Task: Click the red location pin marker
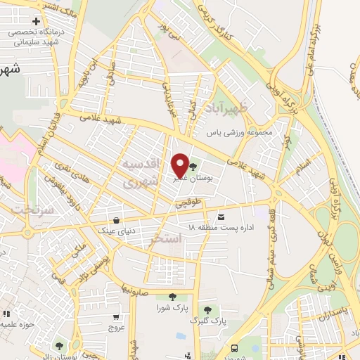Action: point(179,165)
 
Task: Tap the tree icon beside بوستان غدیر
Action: point(193,167)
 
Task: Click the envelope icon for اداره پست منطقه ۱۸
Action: point(221,217)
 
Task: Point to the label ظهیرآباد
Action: point(229,108)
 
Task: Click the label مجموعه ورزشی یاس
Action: point(238,131)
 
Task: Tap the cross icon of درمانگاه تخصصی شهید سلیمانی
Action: point(36,21)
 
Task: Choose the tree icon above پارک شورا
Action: point(172,297)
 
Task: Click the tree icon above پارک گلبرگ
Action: point(207,309)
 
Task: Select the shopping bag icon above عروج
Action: point(116,316)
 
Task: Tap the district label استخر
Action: point(166,240)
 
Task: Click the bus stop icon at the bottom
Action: point(234,348)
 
